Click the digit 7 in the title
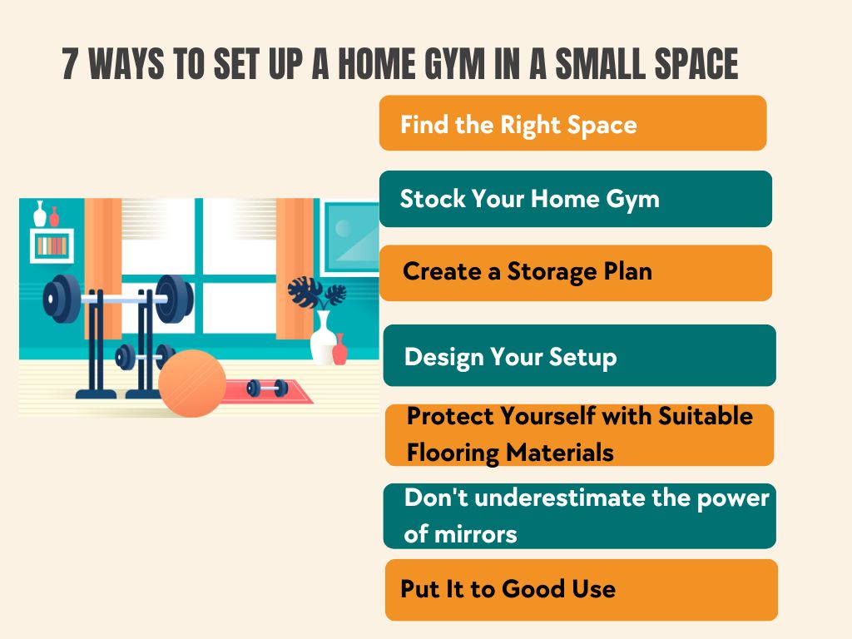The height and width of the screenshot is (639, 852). [x=70, y=64]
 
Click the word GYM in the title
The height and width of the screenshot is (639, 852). [x=454, y=64]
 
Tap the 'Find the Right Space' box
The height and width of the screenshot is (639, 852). [x=572, y=123]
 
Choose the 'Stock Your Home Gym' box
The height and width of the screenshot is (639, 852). [x=576, y=199]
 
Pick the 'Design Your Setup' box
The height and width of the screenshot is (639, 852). [x=579, y=356]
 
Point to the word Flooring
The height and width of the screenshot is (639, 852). [x=453, y=453]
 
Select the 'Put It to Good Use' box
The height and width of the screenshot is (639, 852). [x=582, y=590]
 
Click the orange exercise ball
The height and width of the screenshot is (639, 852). [x=192, y=384]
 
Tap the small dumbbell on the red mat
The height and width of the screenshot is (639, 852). [x=267, y=388]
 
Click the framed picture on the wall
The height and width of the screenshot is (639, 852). [x=350, y=239]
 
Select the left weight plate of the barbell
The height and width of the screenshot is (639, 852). [x=62, y=299]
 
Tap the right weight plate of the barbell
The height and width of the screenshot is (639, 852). [x=174, y=299]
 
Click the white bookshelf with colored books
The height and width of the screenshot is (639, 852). [x=52, y=246]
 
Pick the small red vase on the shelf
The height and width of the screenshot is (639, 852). [x=54, y=216]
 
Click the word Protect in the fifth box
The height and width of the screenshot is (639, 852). [x=449, y=417]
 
